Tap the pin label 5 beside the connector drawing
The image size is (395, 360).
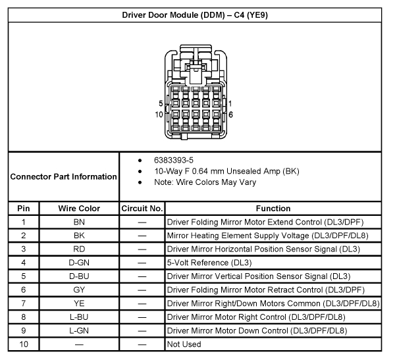click(x=161, y=103)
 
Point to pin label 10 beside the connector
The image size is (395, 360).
click(x=159, y=114)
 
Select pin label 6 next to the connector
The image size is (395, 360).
click(x=230, y=114)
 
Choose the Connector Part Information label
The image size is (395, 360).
click(x=63, y=176)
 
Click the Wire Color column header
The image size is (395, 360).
click(x=79, y=209)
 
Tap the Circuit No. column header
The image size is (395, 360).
click(x=142, y=209)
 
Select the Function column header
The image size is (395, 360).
click(x=273, y=209)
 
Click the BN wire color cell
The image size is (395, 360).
click(x=79, y=222)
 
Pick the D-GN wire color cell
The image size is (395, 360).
click(x=79, y=263)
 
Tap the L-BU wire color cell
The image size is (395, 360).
click(x=79, y=317)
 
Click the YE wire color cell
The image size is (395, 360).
click(x=79, y=303)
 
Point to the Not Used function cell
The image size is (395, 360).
click(x=184, y=344)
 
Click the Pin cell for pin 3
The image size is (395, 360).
click(x=23, y=249)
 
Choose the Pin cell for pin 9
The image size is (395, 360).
click(x=23, y=330)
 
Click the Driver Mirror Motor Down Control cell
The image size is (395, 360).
click(x=257, y=330)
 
